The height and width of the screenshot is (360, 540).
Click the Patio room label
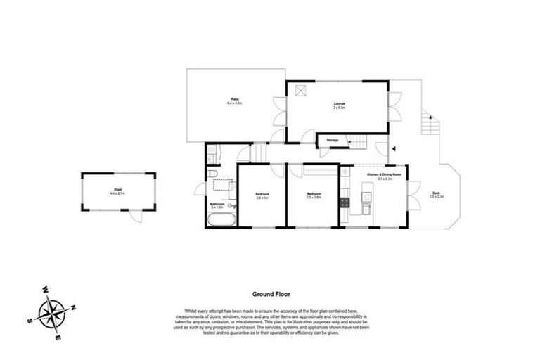click(x=233, y=100)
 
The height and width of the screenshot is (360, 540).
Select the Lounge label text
click(x=339, y=104)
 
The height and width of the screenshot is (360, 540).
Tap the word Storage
click(x=333, y=141)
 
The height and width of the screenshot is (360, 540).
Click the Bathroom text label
click(x=217, y=204)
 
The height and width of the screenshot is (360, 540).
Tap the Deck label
click(x=437, y=193)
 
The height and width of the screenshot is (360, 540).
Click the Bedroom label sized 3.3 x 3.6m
click(x=314, y=193)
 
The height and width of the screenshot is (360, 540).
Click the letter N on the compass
click(x=74, y=307)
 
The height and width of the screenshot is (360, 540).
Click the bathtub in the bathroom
click(x=221, y=219)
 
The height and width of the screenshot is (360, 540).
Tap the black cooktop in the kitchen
click(x=345, y=202)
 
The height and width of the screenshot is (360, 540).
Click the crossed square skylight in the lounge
click(x=300, y=89)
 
